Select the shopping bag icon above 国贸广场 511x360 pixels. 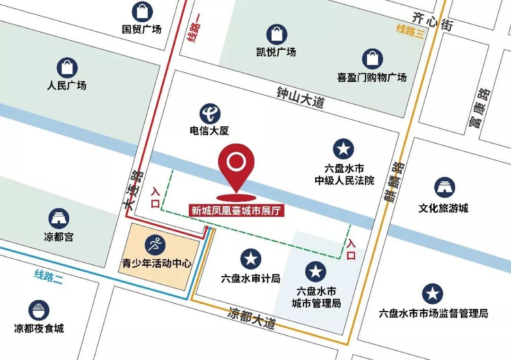(x=141, y=12)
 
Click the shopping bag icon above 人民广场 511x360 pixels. (x=67, y=68)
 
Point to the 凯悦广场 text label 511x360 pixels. (x=276, y=52)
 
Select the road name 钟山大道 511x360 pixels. (x=301, y=97)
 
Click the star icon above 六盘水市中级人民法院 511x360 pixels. (x=344, y=149)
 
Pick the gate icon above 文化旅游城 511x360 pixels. (x=444, y=187)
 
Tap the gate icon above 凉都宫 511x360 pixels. (x=60, y=218)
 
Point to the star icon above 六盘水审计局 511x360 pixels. (x=250, y=259)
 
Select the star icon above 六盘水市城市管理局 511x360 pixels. (x=316, y=272)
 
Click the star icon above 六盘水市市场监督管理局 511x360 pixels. (x=432, y=294)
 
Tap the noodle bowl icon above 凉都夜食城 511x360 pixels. (x=39, y=310)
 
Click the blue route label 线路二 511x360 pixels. (x=48, y=276)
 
